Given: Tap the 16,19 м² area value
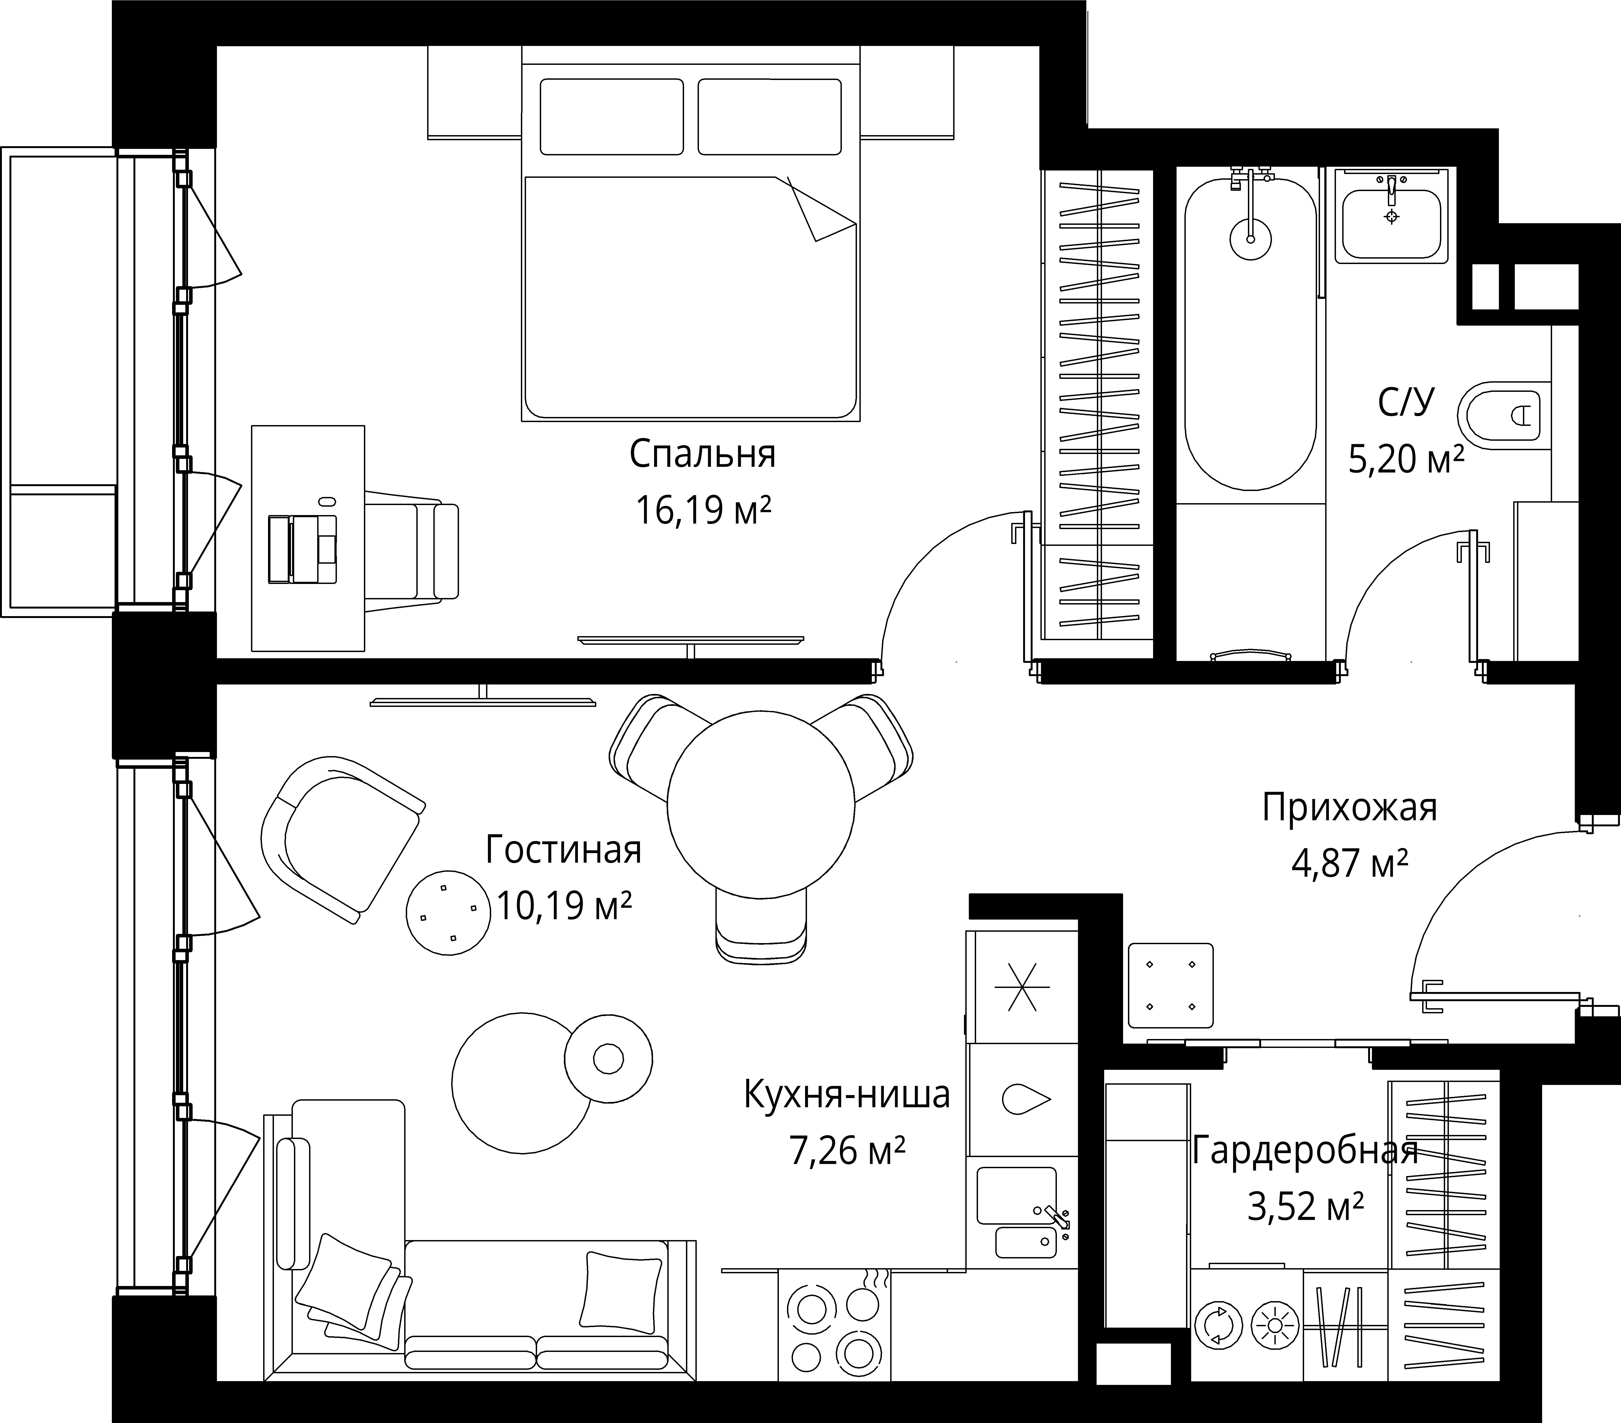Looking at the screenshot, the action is point(703,510).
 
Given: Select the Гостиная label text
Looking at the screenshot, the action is point(563,850).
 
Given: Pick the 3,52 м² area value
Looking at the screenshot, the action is point(1305,1208).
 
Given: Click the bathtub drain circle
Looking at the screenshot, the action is point(1251,238).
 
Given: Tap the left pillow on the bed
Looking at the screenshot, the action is point(611,116).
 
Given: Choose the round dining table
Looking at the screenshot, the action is point(761,806).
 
